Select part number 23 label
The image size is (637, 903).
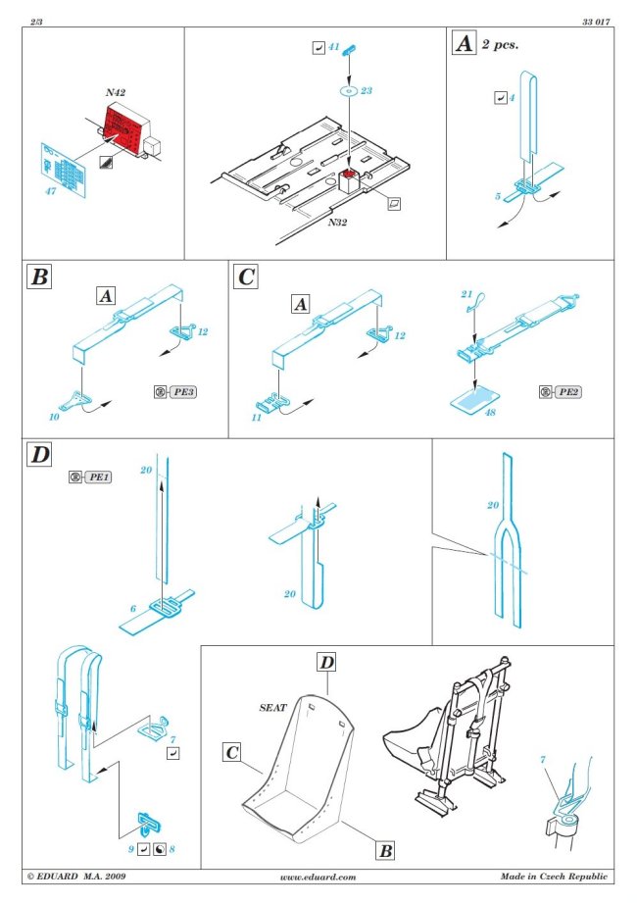click(x=366, y=90)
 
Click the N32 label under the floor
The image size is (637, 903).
click(x=336, y=223)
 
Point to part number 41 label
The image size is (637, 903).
click(x=333, y=47)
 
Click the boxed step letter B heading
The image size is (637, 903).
click(x=39, y=276)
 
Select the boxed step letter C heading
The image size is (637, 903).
click(x=245, y=276)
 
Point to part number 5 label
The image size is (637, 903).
click(x=499, y=196)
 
